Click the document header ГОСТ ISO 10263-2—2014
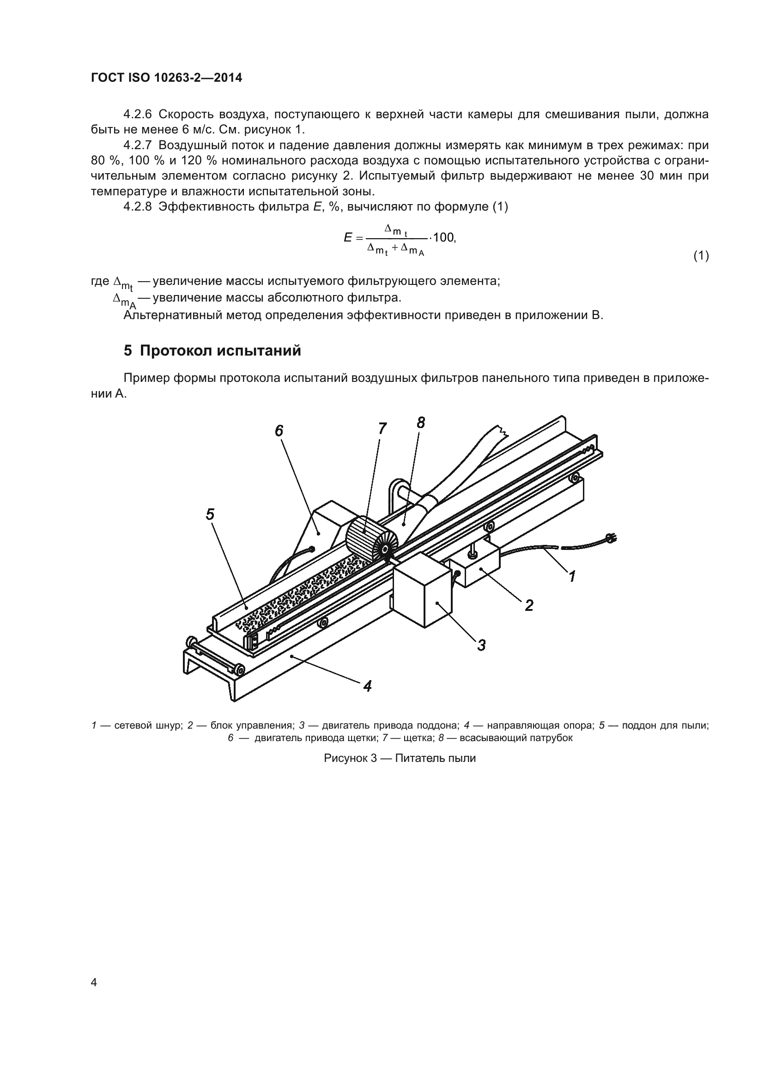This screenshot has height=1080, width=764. [167, 78]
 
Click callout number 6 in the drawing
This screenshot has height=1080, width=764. [279, 430]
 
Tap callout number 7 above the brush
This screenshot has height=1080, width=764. [382, 428]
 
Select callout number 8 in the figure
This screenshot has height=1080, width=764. [421, 423]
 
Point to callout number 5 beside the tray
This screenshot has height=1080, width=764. [210, 514]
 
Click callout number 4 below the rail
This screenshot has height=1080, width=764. [367, 686]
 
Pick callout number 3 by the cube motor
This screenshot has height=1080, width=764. [481, 645]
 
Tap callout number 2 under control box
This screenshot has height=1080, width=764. [529, 605]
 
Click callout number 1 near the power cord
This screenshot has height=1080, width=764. [572, 576]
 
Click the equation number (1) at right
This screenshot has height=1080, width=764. [701, 256]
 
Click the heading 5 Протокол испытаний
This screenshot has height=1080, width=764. [212, 351]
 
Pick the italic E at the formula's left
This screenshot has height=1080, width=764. [348, 237]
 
